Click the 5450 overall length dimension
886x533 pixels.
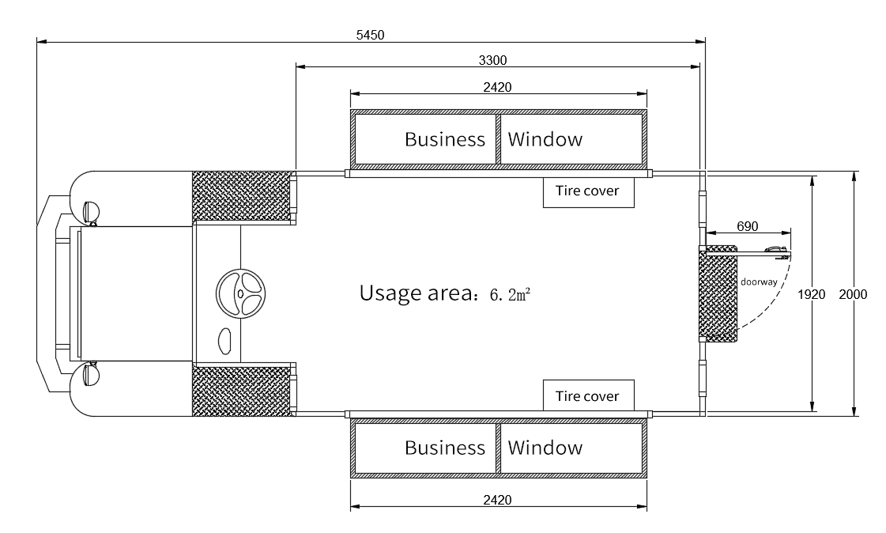[x=370, y=35]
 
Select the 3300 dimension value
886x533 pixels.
[x=492, y=60]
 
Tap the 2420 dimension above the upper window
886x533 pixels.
[x=497, y=87]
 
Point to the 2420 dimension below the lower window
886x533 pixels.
[x=497, y=500]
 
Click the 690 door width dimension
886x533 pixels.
[x=747, y=226]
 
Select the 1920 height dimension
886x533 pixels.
[x=812, y=294]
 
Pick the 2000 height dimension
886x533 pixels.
[x=853, y=294]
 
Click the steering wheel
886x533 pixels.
[x=241, y=293]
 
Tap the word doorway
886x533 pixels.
[x=759, y=282]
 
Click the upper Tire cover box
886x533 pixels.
[x=589, y=192]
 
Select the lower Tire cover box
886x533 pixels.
[x=589, y=395]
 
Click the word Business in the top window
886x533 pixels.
[x=445, y=139]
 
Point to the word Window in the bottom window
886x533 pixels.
[x=545, y=447]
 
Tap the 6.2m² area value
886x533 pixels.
[x=511, y=294]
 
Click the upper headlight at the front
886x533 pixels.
[x=90, y=212]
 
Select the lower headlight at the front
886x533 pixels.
[x=90, y=375]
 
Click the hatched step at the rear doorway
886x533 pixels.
[x=718, y=294]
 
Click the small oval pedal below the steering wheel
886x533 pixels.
[x=225, y=341]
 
